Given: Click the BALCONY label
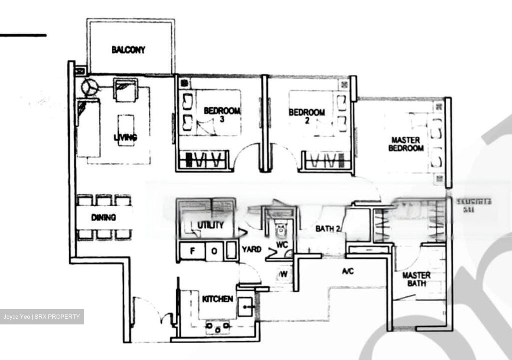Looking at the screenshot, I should coord(128,50).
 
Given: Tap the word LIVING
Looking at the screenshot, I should coord(126,137).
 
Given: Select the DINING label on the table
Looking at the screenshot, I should coord(103,217).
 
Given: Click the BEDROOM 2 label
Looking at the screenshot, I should coord(307,116).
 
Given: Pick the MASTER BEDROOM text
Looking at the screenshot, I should coord(406,144).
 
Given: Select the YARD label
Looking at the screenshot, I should coord(252,249).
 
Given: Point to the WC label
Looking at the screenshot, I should coord(282,245).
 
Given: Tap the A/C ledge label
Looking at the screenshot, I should coord(348,271).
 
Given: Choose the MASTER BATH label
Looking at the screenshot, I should coord(416,279).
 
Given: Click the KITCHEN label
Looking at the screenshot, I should coord(218,299).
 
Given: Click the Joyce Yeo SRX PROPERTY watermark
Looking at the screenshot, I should coord(42,317).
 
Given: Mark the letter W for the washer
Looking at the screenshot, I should coord(284,274).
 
